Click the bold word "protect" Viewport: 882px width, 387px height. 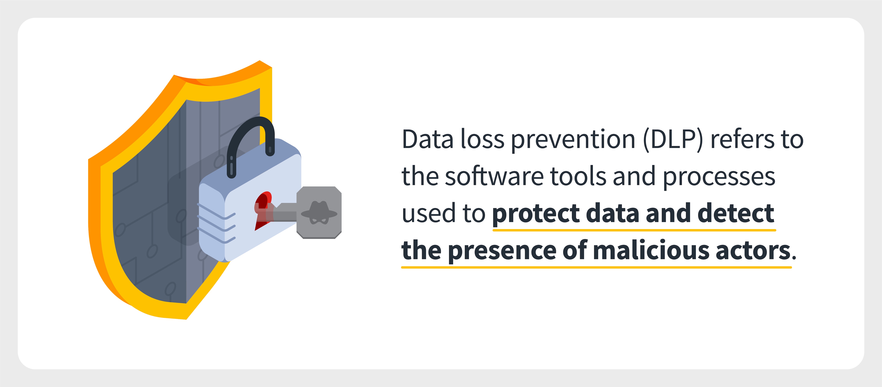click(x=536, y=214)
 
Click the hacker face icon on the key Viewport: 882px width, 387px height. click(x=319, y=212)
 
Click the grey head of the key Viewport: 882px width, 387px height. click(x=319, y=212)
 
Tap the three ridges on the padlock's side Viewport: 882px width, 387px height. click(x=216, y=223)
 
